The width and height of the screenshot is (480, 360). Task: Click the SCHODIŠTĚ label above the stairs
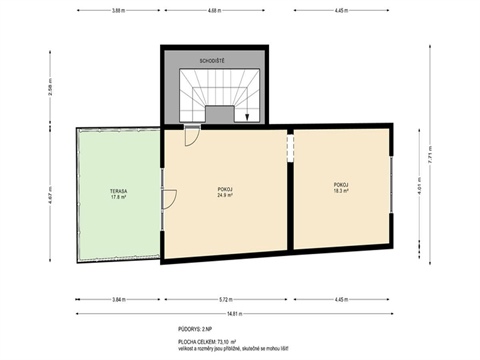[213, 61]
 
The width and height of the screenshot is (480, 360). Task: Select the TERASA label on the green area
[118, 190]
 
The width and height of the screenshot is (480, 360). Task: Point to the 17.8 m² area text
[118, 197]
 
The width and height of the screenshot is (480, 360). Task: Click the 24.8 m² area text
[225, 196]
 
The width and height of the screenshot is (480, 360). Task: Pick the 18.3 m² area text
[341, 190]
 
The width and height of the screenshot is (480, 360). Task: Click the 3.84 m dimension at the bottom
[119, 299]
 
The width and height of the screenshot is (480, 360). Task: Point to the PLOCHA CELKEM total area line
[211, 340]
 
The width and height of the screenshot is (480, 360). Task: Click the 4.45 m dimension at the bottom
[341, 299]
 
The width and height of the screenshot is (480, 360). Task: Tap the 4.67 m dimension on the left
[49, 196]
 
